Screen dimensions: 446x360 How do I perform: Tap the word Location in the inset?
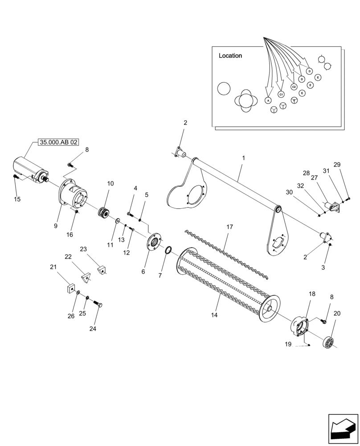(230, 56)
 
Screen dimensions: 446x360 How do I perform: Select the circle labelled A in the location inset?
(268, 101)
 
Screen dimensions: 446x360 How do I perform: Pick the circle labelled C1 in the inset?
(281, 95)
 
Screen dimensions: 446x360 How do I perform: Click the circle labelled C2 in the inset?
(293, 87)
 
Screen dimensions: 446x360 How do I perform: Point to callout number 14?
(214, 315)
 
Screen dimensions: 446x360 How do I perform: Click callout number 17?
(230, 227)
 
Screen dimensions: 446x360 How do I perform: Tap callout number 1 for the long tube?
(244, 158)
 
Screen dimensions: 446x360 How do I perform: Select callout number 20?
(336, 314)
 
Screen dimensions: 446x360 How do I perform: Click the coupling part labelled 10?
(105, 212)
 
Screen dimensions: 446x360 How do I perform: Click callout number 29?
(337, 165)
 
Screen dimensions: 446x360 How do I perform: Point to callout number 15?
(17, 199)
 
